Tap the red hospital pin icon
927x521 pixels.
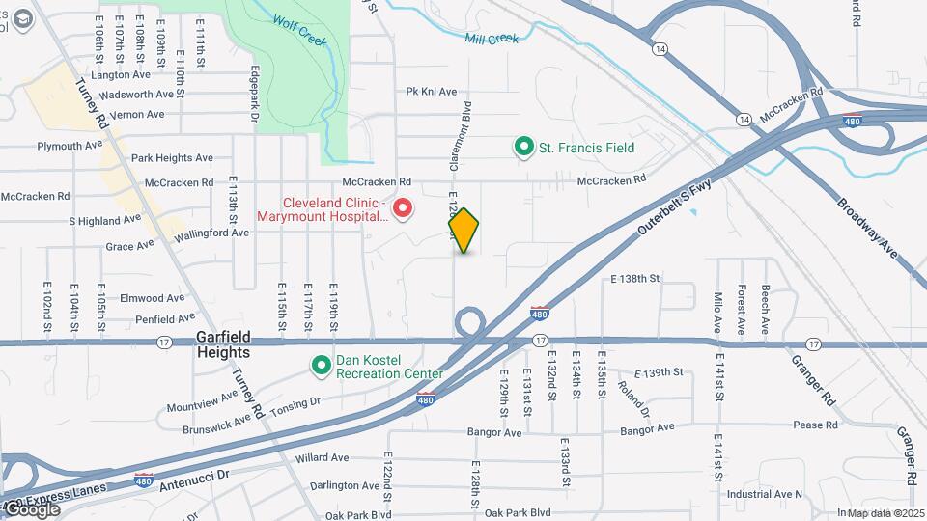(x=403, y=208)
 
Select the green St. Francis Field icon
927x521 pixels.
(x=524, y=148)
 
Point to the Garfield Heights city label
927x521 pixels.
(x=224, y=344)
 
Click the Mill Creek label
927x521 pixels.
(x=492, y=39)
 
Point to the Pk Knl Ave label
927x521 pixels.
(x=432, y=92)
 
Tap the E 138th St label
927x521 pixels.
(x=634, y=278)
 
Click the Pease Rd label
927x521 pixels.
(x=816, y=425)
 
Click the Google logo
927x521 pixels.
(x=32, y=509)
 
